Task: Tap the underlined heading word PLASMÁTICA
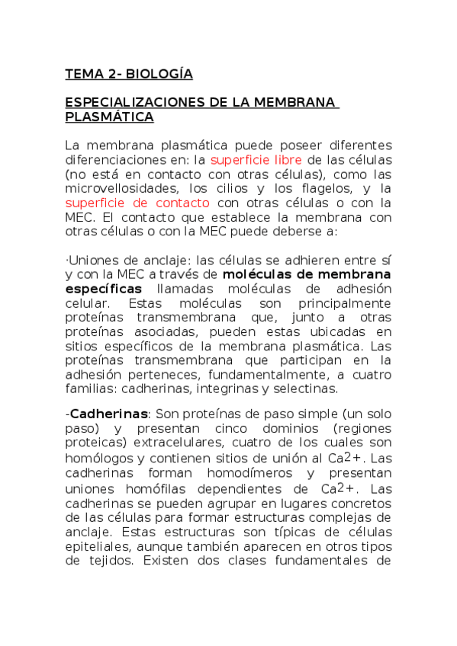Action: [109, 117]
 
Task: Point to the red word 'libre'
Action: [288, 159]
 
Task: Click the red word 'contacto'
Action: [182, 203]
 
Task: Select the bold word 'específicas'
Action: [103, 289]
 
